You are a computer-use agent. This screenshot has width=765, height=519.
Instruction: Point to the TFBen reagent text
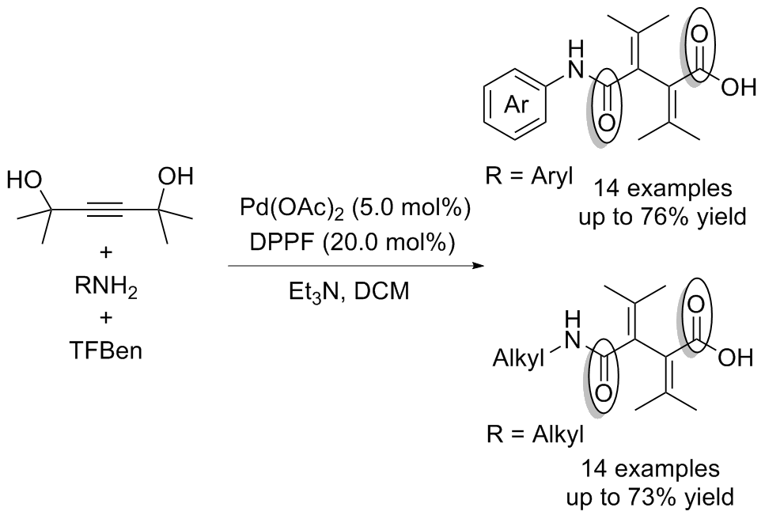pyautogui.click(x=107, y=349)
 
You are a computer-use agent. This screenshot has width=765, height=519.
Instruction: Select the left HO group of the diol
pyautogui.click(x=25, y=181)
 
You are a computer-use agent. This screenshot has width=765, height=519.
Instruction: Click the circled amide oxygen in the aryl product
pyautogui.click(x=607, y=121)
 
